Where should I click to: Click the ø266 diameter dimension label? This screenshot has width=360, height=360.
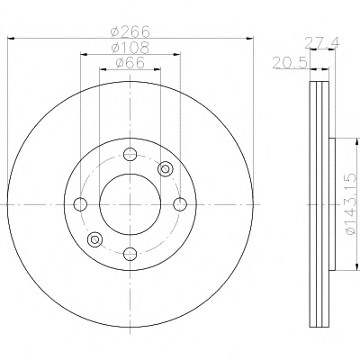tap(130, 31)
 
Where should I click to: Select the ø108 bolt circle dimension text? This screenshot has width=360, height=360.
tap(130, 48)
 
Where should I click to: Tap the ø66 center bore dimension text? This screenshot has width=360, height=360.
tap(130, 63)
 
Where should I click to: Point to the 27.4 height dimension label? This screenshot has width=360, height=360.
tap(322, 43)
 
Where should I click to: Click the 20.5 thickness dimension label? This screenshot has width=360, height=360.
tap(290, 63)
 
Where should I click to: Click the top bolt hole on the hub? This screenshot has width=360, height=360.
tap(130, 155)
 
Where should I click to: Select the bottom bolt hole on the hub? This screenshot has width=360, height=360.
tap(130, 254)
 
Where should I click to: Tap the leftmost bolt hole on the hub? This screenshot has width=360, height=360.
tap(80, 204)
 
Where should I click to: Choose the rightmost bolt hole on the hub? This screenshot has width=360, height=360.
tap(180, 204)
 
